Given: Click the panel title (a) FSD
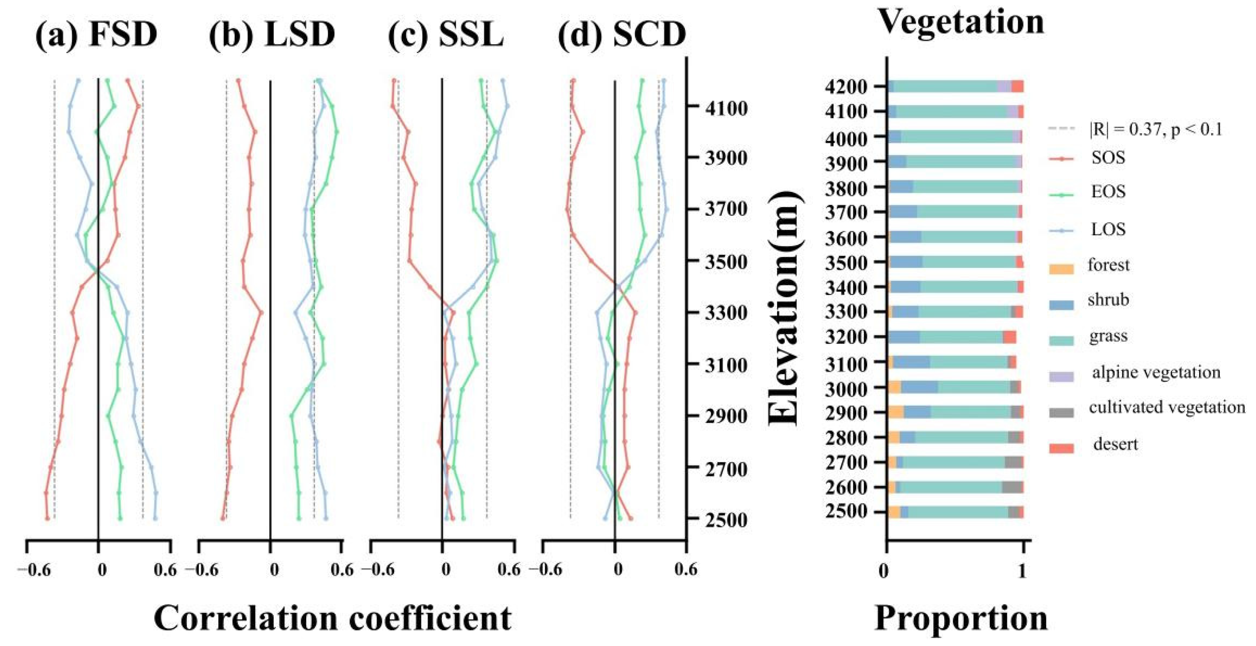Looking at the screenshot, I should pos(97,35).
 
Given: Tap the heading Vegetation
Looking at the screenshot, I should pos(961,22).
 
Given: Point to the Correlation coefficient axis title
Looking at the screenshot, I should pos(332,619).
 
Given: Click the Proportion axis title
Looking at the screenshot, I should pos(961,619).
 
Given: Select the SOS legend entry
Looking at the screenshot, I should pos(1108,158).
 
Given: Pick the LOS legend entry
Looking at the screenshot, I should pos(1108,229).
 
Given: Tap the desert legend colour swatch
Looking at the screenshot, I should pos(1062,448).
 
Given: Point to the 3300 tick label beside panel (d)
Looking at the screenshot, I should pos(726,312).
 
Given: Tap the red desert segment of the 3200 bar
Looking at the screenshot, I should pos(1009,337).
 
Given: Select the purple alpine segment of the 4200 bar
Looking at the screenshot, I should pos(1003,87).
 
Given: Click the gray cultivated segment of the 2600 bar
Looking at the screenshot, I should pos(1012,487).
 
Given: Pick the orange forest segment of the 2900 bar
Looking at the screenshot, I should pos(896,412).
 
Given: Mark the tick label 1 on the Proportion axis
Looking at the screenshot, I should pos(1023,570).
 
